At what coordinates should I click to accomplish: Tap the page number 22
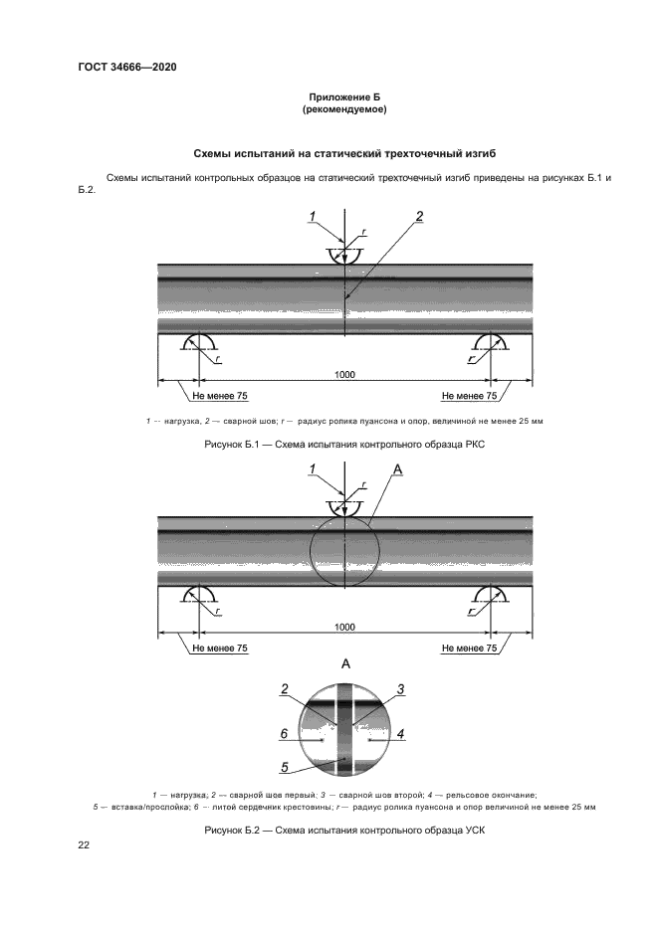coord(84,844)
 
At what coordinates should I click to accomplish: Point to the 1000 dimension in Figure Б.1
coord(344,375)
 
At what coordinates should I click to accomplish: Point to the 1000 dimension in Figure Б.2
coord(344,628)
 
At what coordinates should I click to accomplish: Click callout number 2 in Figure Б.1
coord(420,216)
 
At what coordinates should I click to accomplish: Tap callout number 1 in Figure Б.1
coord(312,217)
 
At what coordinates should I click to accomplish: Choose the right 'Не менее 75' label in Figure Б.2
coord(469,648)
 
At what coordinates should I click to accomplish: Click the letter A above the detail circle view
coord(345,663)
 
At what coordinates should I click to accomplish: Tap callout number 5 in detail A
coord(285,766)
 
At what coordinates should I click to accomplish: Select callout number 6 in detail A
coord(284,734)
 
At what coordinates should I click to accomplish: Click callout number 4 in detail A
coord(400,734)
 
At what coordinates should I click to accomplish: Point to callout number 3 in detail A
coord(400,689)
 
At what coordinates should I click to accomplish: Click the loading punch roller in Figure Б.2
coord(344,508)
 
